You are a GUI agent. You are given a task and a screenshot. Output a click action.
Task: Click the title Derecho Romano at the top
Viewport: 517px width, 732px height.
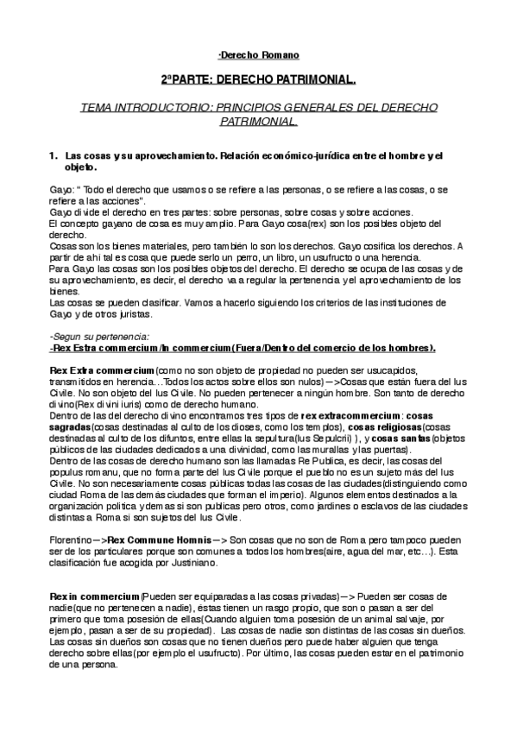pyautogui.click(x=259, y=55)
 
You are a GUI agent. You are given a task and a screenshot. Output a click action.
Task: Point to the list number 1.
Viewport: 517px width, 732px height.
pyautogui.click(x=54, y=155)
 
